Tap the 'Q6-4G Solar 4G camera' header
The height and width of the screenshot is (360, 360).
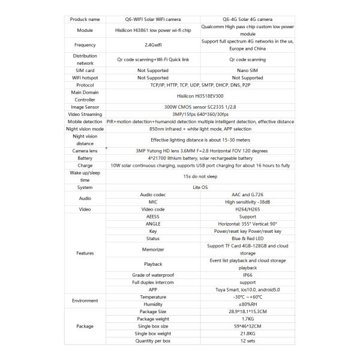click(x=248, y=20)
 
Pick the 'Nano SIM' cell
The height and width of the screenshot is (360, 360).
click(x=248, y=70)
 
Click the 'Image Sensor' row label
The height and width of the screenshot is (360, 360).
click(x=85, y=107)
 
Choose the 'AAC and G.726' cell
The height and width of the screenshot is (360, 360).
click(x=248, y=195)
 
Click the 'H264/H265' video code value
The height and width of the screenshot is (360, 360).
click(x=248, y=209)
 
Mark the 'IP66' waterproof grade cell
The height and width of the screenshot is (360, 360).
click(x=248, y=274)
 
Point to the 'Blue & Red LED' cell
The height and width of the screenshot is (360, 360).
click(x=248, y=238)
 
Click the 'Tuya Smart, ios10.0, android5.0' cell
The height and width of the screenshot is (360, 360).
click(x=248, y=289)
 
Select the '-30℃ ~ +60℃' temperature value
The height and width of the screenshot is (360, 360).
click(x=248, y=296)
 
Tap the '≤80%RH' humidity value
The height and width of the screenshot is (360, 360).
click(x=248, y=304)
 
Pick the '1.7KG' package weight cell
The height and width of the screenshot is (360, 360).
click(x=248, y=319)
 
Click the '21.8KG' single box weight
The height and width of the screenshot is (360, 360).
click(x=248, y=333)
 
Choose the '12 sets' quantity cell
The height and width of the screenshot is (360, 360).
click(x=248, y=341)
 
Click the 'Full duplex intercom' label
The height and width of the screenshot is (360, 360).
click(x=153, y=281)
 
